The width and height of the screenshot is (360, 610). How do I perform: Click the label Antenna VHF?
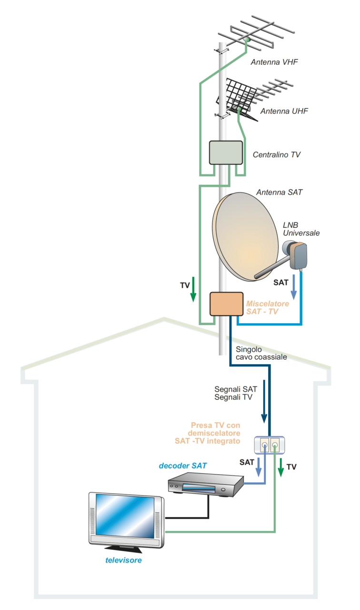click(274, 62)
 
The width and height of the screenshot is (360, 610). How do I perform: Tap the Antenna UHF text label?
click(284, 111)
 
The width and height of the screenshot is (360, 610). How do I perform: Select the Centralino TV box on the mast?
click(226, 152)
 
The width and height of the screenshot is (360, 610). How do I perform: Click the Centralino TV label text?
click(276, 155)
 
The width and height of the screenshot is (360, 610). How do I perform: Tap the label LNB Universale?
click(301, 229)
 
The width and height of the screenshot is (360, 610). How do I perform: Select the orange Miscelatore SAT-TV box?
click(227, 304)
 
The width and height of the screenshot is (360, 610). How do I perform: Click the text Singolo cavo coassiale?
click(261, 353)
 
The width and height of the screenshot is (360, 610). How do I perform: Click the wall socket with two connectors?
click(269, 445)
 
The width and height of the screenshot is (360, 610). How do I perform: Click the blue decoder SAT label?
click(182, 465)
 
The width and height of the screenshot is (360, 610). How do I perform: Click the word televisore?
click(123, 560)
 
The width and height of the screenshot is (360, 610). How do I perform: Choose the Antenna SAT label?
click(279, 193)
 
